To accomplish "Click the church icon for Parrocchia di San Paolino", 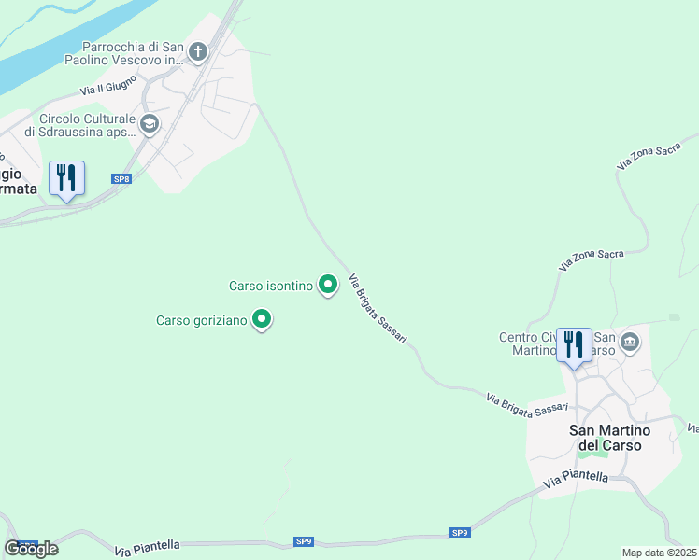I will pyautogui.click(x=197, y=52).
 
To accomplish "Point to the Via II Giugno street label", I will pyautogui.click(x=108, y=86).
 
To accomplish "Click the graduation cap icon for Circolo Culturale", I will pyautogui.click(x=149, y=124).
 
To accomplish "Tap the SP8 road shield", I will pyautogui.click(x=121, y=178).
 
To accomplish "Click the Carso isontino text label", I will pyautogui.click(x=271, y=286).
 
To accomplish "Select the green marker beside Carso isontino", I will pyautogui.click(x=327, y=285).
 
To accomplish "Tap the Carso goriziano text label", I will pyautogui.click(x=202, y=321).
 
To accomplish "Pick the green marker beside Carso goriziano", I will pyautogui.click(x=263, y=320).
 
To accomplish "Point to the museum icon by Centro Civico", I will pyautogui.click(x=630, y=343).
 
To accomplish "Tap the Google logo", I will pyautogui.click(x=32, y=549).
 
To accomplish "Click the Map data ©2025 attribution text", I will pyautogui.click(x=660, y=553).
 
